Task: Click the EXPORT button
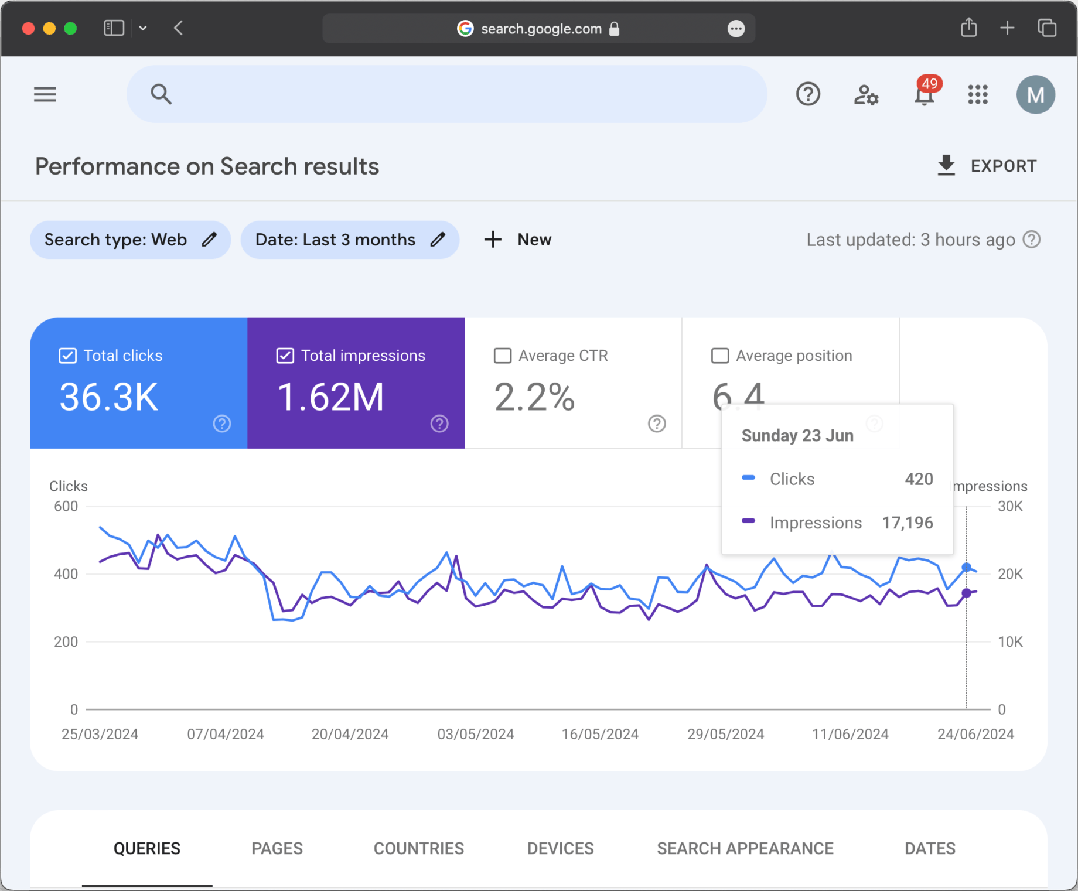point(987,166)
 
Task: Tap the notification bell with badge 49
point(924,94)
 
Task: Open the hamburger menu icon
point(45,94)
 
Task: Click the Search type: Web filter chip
point(130,240)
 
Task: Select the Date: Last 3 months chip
point(350,240)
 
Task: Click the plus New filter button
point(518,240)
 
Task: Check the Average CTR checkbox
point(503,356)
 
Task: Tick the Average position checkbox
point(720,356)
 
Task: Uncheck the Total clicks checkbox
point(68,356)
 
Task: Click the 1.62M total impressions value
point(331,397)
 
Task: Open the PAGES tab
point(277,848)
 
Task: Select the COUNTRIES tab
point(418,848)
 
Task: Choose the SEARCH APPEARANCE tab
point(745,848)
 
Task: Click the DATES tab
point(930,848)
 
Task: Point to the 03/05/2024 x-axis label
point(476,734)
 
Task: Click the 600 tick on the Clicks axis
point(66,506)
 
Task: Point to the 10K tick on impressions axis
point(1010,642)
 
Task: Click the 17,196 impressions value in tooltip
point(908,523)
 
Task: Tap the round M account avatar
point(1035,94)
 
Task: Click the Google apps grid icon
point(978,94)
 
